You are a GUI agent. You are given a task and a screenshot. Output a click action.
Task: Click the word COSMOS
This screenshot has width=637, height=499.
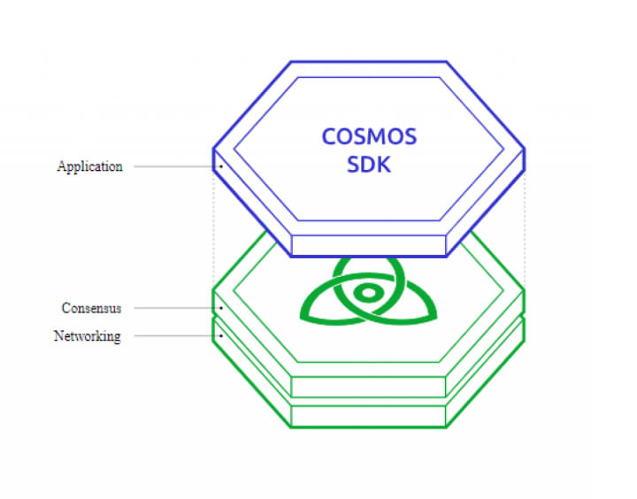tap(369, 138)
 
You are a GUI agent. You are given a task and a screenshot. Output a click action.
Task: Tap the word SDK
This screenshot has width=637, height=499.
tap(369, 165)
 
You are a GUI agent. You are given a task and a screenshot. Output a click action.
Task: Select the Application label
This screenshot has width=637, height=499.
tap(89, 166)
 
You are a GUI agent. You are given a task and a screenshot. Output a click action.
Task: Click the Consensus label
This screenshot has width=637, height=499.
tap(91, 308)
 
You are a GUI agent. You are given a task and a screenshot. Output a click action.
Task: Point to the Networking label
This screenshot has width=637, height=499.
tap(87, 336)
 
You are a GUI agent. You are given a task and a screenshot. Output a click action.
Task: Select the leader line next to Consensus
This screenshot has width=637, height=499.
tap(172, 308)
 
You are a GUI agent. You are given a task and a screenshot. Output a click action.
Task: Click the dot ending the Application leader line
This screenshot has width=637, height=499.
tap(221, 166)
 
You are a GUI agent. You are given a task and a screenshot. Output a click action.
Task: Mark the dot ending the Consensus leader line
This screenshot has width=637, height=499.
tap(221, 308)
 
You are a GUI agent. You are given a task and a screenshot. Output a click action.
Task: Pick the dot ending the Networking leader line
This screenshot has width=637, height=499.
tap(221, 336)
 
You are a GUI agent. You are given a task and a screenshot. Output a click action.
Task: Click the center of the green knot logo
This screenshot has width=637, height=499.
tap(365, 293)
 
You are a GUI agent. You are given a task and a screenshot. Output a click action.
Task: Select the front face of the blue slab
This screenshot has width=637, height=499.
tap(368, 245)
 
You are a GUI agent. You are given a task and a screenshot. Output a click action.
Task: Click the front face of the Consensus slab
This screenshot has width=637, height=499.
tap(368, 387)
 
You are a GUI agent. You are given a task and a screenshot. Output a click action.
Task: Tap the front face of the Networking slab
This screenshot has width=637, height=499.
tap(368, 416)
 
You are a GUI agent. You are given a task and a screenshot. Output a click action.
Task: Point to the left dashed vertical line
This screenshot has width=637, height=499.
tap(213, 230)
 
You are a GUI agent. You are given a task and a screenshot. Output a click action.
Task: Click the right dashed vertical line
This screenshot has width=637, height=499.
tap(525, 230)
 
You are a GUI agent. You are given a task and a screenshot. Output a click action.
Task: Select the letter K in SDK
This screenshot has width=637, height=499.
tap(383, 165)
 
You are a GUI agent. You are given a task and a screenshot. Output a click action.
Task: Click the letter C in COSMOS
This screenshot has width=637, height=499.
tap(328, 138)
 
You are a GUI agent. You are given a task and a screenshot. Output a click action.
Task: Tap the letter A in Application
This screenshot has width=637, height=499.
tap(61, 166)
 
